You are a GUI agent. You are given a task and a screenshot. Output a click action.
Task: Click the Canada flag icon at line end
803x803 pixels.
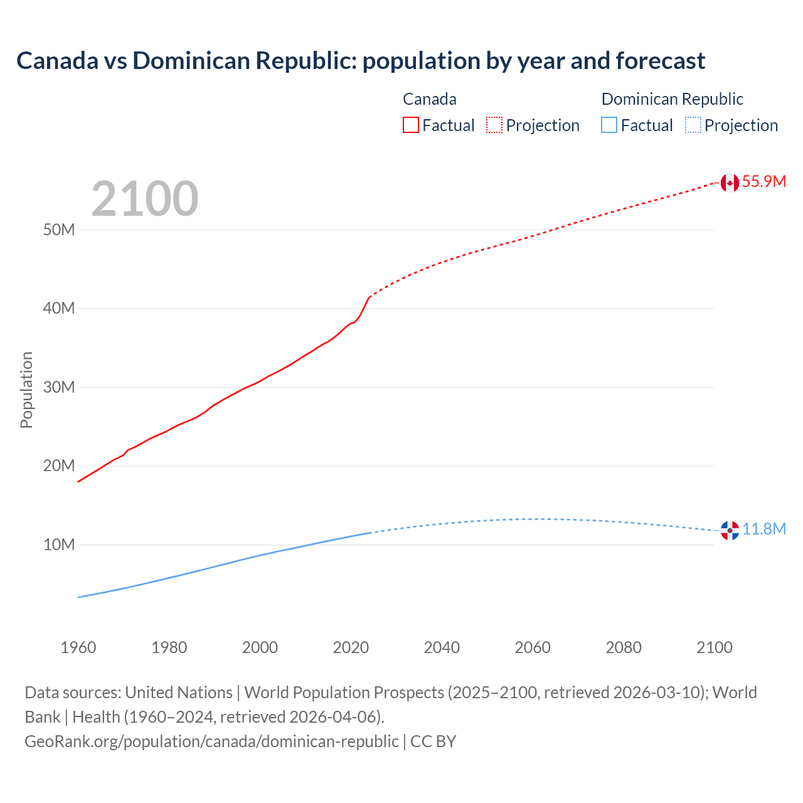point(729,183)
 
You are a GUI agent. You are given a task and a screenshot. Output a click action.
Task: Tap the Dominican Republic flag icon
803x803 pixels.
point(730,530)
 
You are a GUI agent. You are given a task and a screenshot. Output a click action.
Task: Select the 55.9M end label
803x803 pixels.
point(763,182)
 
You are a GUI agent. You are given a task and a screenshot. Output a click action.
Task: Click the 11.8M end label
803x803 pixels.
point(764,529)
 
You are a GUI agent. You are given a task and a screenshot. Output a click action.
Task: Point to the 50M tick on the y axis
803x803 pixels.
point(59,230)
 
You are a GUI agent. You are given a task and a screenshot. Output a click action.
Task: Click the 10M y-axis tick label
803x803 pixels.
point(59,545)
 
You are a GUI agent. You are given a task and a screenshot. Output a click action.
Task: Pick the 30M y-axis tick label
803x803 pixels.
point(59,387)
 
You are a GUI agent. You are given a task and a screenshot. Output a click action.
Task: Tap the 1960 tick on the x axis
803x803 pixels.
point(78,647)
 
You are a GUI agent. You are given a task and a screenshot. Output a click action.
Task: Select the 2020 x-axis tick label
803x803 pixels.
point(351,647)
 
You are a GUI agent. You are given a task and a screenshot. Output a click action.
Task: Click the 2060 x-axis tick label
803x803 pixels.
point(533,647)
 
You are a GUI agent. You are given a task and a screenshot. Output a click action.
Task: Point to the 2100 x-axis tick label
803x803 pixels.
point(714,647)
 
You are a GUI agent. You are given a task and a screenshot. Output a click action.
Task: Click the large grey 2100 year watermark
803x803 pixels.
point(145,199)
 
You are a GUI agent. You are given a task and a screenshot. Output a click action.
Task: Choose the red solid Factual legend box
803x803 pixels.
point(410,125)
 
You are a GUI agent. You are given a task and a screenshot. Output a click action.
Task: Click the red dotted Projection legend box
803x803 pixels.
point(494,125)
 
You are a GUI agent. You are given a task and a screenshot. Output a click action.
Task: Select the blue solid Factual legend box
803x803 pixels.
point(609,125)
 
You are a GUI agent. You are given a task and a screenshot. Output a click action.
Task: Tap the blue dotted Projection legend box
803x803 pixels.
point(693,125)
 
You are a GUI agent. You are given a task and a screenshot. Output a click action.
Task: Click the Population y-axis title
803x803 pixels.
point(26,390)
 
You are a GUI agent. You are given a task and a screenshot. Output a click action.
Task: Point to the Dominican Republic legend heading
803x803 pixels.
point(672,99)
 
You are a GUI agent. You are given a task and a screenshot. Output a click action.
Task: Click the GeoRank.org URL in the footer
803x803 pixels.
point(211,742)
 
